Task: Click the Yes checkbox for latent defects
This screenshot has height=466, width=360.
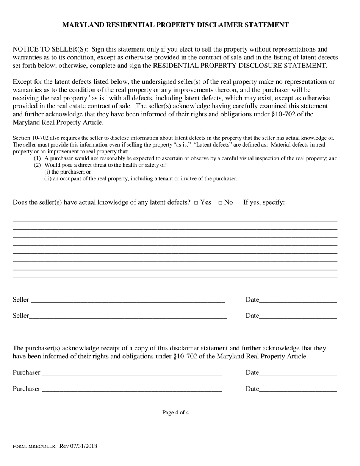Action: [x=196, y=203]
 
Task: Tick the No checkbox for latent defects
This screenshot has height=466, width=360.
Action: [x=220, y=203]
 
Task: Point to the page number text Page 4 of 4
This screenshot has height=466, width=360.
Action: [x=175, y=413]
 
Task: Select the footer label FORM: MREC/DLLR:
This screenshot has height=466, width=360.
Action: [x=34, y=447]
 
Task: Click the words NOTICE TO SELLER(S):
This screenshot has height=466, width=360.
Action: [x=51, y=49]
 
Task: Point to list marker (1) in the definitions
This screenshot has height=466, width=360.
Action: [x=37, y=158]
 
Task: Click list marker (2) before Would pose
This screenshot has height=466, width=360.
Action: [x=37, y=165]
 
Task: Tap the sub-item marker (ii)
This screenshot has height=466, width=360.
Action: [x=48, y=179]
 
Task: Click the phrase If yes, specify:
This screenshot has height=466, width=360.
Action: [x=264, y=202]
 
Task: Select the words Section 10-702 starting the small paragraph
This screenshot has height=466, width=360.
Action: [x=30, y=138]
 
